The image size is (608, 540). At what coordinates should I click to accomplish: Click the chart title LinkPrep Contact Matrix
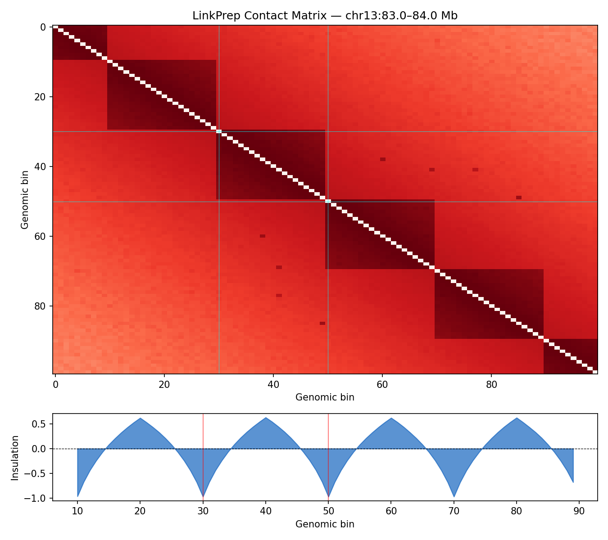coord(325,16)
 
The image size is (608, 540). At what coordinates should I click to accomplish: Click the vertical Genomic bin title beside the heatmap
coord(25,199)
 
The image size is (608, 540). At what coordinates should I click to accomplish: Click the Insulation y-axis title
coord(15,457)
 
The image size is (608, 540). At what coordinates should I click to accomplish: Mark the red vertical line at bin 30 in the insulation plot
coord(203,454)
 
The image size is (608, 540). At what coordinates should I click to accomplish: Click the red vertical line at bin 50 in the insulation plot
coord(328,454)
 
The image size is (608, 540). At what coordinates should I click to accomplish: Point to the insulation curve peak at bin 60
coord(391,418)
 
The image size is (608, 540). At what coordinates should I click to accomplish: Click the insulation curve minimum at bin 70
coord(454,496)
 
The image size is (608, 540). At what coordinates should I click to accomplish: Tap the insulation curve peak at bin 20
coord(141,418)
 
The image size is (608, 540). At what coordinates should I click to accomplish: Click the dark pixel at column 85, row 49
coord(519,198)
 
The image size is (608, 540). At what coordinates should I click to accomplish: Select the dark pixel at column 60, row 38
coord(382,159)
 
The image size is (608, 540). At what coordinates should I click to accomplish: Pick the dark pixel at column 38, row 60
coord(263,236)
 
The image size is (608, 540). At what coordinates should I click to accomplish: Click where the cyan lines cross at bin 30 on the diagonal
coord(219,131)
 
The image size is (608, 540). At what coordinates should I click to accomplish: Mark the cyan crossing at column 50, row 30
coord(328,131)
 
